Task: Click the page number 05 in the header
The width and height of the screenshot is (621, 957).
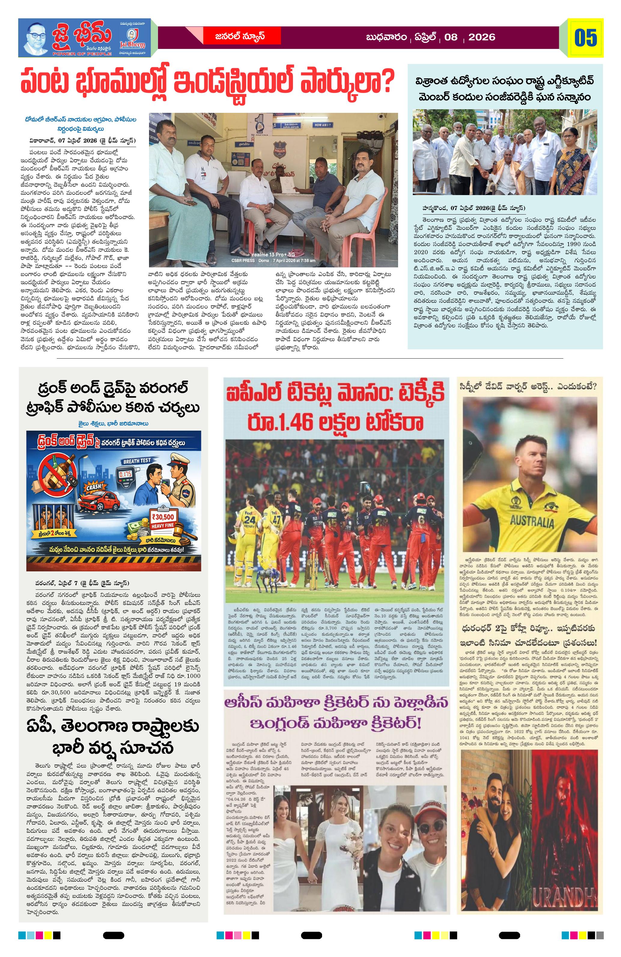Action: point(586,38)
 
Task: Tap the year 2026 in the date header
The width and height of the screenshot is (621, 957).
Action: point(481,38)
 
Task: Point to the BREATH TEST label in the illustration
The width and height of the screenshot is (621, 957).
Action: point(137,461)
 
